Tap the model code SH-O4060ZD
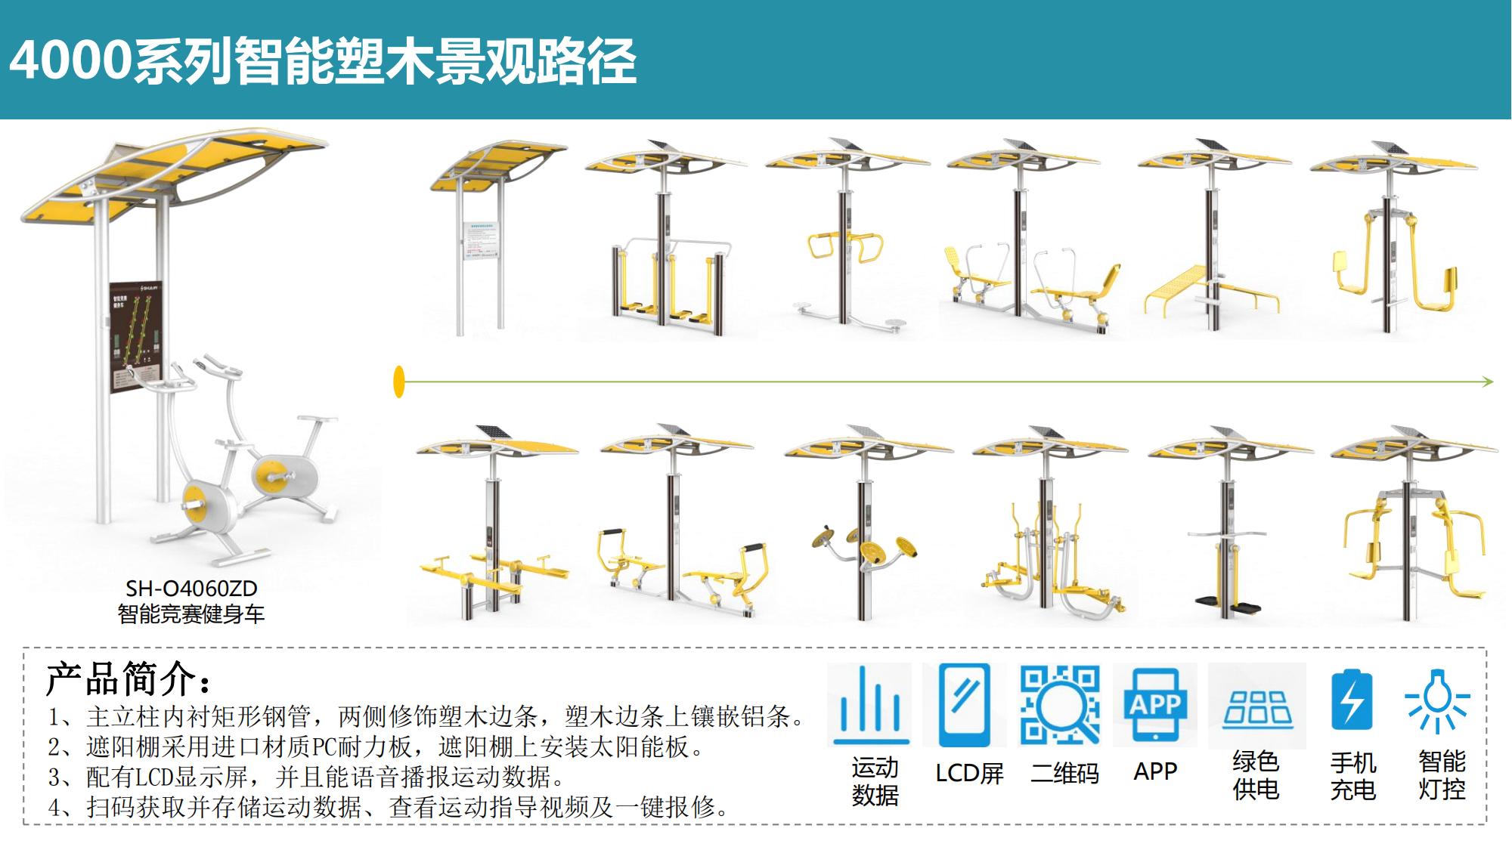click(191, 589)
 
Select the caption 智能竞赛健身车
click(191, 614)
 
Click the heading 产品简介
click(129, 678)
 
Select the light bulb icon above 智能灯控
click(1436, 700)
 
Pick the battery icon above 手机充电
click(1352, 700)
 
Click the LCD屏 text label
click(969, 773)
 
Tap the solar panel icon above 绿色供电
click(1257, 708)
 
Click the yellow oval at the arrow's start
click(399, 382)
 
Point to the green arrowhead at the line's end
click(1488, 382)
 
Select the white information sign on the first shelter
click(482, 240)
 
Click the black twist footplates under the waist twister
click(1228, 605)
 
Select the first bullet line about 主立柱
click(427, 716)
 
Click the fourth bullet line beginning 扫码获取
click(389, 807)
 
